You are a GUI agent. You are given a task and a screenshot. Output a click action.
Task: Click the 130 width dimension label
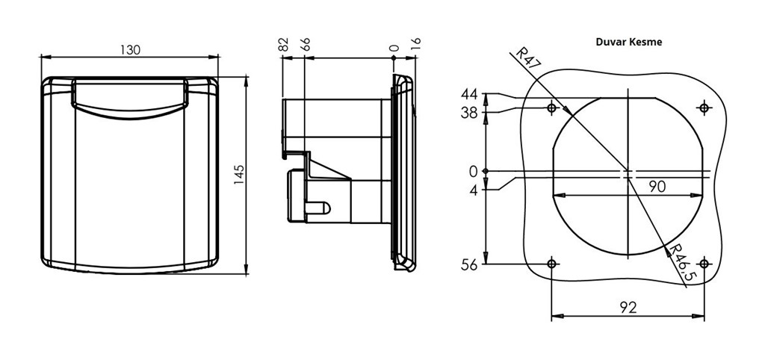130,50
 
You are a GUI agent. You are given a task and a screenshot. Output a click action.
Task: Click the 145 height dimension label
238,175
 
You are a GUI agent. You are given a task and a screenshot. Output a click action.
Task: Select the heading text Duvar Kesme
629,42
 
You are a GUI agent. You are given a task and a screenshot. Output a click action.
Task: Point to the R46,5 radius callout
683,263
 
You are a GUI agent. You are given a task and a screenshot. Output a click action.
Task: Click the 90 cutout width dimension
657,186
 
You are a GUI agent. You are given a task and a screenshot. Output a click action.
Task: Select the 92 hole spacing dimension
628,307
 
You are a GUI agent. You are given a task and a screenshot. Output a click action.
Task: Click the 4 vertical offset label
474,189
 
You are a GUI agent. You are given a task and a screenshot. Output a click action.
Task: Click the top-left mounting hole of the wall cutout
552,108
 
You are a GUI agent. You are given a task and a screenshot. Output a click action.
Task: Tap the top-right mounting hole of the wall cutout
704,108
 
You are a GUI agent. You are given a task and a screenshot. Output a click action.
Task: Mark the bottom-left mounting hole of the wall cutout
552,264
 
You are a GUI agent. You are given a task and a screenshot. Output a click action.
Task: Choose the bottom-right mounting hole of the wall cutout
704,264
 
